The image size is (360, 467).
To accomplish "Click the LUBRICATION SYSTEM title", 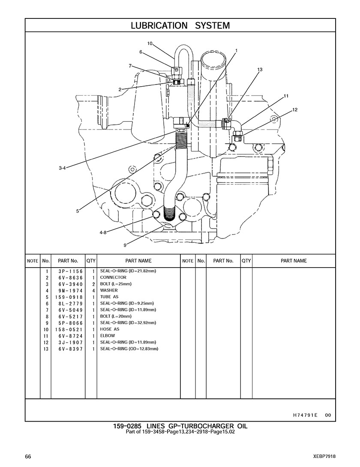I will tap(180, 25).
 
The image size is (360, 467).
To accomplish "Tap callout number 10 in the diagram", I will tap(150, 43).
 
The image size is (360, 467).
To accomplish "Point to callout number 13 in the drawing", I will tap(260, 69).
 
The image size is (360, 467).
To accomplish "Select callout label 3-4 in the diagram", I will tap(62, 168).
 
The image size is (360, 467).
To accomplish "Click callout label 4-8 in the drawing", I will tap(103, 232).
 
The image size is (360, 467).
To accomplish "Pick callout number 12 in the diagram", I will tap(294, 110).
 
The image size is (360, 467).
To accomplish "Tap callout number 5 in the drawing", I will tap(78, 211).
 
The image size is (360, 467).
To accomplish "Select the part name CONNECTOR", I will tap(113, 277).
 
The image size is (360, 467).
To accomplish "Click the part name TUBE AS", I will tap(109, 297).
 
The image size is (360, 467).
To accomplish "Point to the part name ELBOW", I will tap(108, 336).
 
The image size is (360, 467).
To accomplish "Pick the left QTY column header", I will tap(91, 261).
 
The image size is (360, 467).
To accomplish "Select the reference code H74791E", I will tap(305, 415).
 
